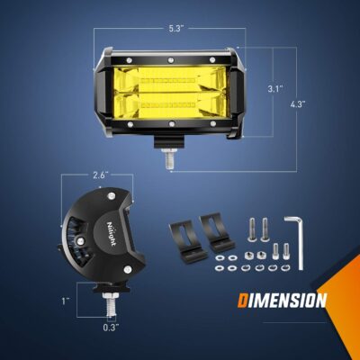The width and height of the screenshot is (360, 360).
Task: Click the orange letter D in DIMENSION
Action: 244,301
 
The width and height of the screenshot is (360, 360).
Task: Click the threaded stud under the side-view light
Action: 108,303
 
